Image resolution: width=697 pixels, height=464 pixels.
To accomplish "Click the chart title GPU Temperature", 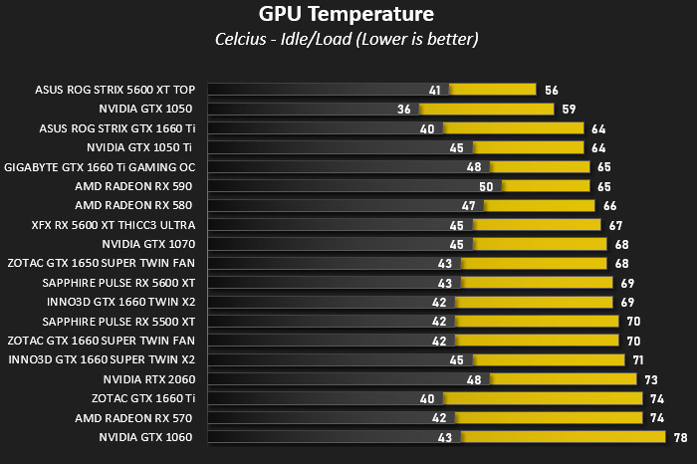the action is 347,14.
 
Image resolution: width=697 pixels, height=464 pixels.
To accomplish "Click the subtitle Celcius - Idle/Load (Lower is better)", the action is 347,39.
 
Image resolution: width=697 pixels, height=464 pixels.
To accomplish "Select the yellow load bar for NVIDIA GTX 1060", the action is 564,437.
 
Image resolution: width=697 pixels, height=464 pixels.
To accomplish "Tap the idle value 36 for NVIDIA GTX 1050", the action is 403,110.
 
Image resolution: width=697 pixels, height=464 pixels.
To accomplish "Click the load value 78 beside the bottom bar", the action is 680,438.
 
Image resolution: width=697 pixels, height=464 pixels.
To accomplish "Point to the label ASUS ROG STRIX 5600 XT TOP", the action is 116,90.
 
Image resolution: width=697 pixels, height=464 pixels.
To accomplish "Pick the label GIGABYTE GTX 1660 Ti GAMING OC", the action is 100,167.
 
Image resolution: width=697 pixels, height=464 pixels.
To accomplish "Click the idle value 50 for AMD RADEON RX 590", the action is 486,186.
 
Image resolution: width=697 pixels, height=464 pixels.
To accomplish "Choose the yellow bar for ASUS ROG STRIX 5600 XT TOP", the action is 493,90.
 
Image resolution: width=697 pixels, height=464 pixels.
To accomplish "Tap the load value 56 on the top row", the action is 552,91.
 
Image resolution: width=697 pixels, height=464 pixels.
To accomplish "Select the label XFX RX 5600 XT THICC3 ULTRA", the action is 114,225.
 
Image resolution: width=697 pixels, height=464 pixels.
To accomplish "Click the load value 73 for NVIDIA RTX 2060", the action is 651,380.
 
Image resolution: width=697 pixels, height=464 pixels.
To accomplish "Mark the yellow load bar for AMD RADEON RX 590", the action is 546,186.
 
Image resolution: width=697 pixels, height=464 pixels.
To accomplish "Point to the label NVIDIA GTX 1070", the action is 148,244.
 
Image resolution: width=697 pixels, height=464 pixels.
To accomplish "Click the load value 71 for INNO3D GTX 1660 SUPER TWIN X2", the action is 638,360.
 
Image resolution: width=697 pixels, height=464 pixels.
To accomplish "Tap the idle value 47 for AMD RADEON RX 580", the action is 469,206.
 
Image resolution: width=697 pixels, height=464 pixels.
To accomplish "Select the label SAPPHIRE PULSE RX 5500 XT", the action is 118,322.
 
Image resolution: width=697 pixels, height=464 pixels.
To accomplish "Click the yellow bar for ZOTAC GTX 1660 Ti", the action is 543,398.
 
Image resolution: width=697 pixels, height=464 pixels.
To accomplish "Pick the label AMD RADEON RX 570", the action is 133,418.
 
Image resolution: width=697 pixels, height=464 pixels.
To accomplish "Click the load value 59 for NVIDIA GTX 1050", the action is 569,110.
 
